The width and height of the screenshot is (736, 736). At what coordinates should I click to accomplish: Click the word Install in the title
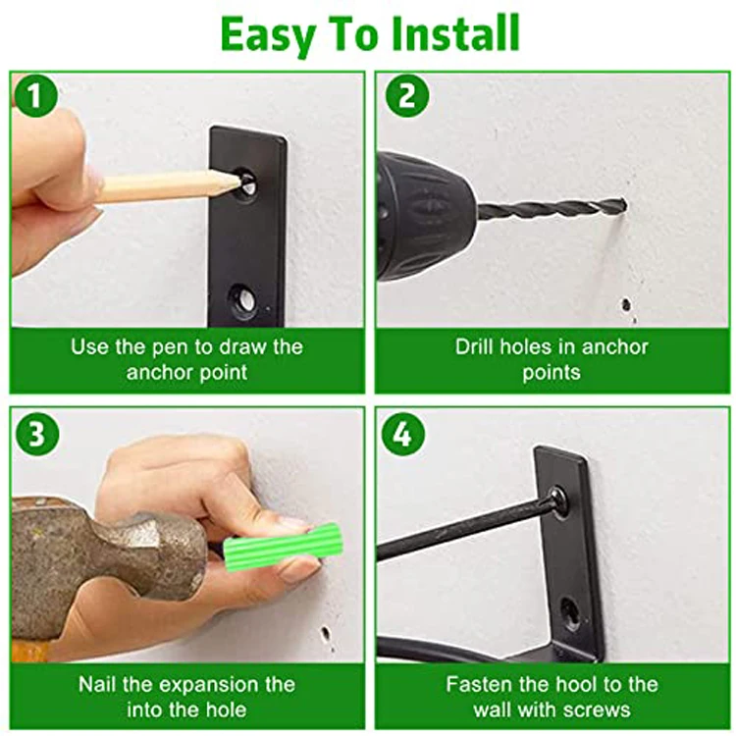[x=455, y=32]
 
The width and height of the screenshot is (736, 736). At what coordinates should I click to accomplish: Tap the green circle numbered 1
[x=35, y=95]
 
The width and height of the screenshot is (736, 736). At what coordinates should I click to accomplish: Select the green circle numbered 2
[x=407, y=95]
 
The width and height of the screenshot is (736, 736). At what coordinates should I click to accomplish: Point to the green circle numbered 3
[x=37, y=434]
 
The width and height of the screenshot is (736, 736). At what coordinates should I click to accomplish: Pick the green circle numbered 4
[x=403, y=434]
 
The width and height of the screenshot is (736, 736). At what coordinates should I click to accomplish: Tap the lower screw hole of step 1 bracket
[x=244, y=298]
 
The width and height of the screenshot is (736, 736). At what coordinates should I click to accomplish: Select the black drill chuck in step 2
[x=425, y=217]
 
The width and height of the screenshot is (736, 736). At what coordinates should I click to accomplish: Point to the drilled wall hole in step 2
[x=627, y=305]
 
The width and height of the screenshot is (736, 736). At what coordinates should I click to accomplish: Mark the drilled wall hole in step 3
[x=325, y=635]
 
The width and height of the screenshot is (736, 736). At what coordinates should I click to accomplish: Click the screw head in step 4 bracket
[x=557, y=500]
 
